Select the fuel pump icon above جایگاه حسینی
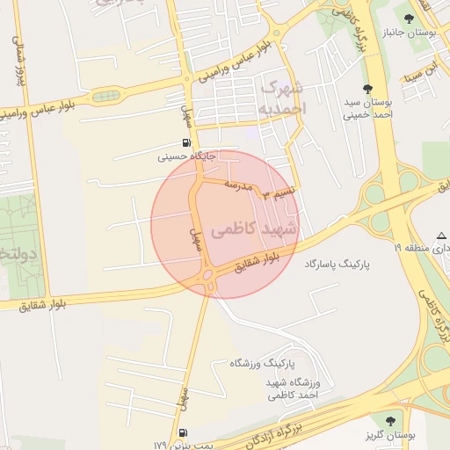click(186, 143)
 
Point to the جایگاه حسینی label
click(186, 157)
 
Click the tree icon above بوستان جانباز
click(408, 18)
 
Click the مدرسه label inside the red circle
click(237, 186)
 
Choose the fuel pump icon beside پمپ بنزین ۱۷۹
click(182, 432)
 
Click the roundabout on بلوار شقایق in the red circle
click(208, 278)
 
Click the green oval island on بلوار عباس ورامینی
click(105, 96)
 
